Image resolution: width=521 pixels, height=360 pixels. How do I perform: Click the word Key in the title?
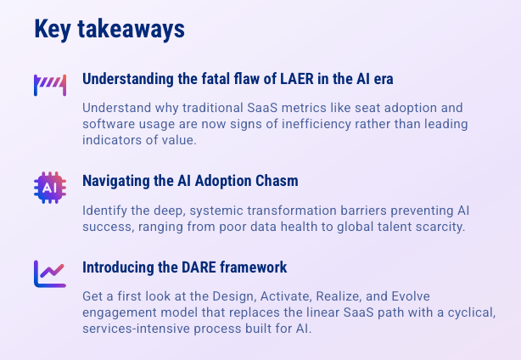[x=53, y=30]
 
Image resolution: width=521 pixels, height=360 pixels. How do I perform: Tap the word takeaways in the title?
[x=132, y=29]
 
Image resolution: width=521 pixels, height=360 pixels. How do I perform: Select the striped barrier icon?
[x=50, y=85]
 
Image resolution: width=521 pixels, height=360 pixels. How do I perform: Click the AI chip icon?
[x=50, y=188]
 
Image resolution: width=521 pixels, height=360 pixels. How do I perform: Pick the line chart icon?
[x=50, y=274]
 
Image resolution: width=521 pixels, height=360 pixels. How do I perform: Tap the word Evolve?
[x=411, y=296]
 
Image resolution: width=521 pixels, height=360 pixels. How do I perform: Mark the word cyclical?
[x=472, y=312]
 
